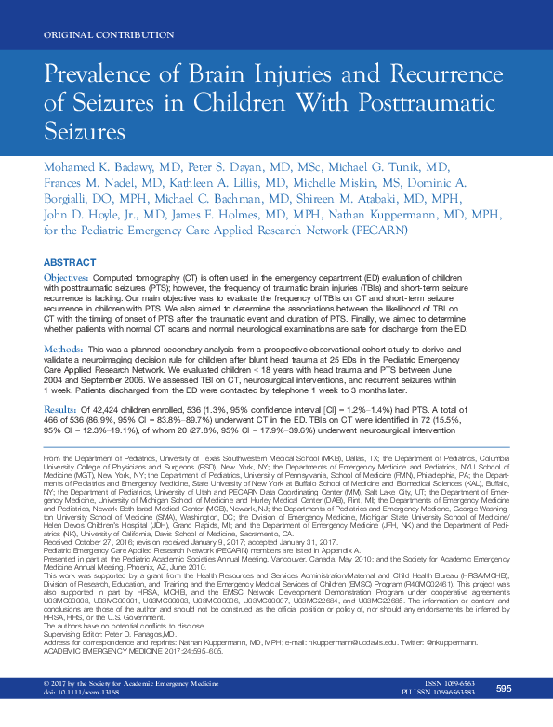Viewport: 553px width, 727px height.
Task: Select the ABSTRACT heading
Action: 70,262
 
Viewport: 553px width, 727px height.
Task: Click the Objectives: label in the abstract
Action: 68,278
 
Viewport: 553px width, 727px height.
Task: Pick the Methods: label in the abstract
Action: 64,348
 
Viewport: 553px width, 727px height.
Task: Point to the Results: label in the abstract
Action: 61,409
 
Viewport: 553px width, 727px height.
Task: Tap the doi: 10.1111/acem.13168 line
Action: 84,719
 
